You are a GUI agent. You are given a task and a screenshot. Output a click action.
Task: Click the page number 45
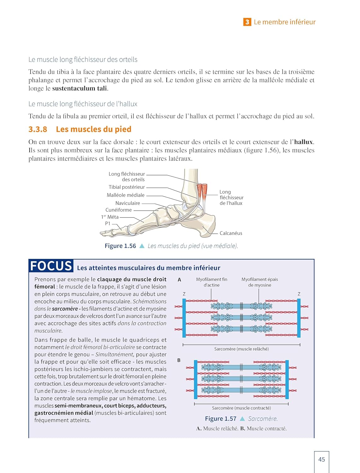(322, 459)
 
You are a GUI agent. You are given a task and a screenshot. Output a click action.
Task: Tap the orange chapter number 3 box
(247, 22)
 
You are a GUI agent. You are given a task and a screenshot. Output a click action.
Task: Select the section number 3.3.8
(38, 129)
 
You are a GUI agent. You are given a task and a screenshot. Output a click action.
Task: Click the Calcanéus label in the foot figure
(231, 233)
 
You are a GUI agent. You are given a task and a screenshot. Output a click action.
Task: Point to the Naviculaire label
(127, 203)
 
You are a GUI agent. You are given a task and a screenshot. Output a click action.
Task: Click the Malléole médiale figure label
(126, 195)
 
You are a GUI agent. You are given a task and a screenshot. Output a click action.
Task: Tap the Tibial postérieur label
(127, 187)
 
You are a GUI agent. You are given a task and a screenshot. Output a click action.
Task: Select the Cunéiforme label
(119, 210)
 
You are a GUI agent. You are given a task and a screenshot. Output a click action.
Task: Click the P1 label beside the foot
(108, 223)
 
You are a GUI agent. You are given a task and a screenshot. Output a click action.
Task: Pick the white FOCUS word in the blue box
(51, 266)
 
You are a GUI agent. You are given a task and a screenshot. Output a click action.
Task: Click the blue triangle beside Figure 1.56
(142, 246)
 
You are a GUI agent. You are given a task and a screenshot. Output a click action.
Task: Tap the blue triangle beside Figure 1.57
(242, 419)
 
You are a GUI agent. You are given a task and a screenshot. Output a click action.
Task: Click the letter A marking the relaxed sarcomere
(179, 280)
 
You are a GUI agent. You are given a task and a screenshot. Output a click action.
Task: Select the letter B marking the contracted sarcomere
(179, 360)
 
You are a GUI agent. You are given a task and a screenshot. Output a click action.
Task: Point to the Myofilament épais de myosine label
(260, 282)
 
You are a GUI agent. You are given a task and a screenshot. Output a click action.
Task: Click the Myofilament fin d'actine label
(211, 282)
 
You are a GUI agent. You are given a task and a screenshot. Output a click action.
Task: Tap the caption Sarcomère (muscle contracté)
(241, 408)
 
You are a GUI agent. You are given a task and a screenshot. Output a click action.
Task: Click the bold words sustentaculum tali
(80, 89)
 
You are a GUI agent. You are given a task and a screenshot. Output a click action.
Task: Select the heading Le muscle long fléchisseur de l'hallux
(83, 104)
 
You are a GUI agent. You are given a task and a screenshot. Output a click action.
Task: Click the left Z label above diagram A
(184, 294)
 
